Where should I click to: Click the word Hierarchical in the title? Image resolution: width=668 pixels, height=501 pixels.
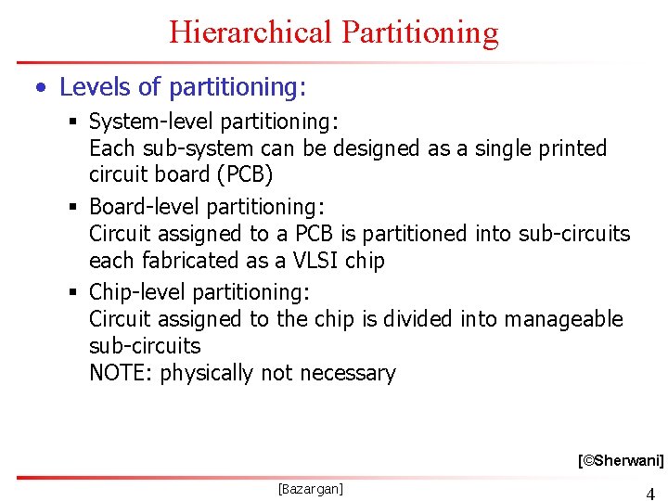(x=250, y=32)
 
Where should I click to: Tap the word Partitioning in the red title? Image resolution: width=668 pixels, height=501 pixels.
(x=419, y=32)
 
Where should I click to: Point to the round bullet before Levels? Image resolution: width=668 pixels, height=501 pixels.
(x=40, y=89)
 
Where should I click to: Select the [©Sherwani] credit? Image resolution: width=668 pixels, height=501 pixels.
(x=620, y=459)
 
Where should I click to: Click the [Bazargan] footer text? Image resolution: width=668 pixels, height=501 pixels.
(x=310, y=488)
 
